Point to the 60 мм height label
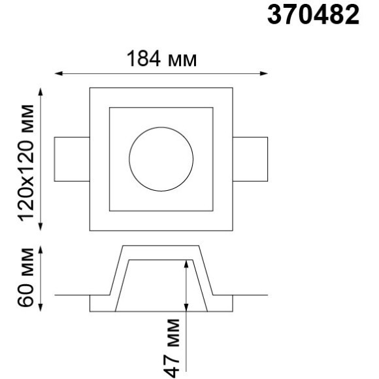(28, 278)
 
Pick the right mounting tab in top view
(250, 159)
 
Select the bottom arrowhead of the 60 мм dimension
(42, 306)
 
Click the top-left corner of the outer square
(90, 87)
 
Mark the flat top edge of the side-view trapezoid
(161, 246)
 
